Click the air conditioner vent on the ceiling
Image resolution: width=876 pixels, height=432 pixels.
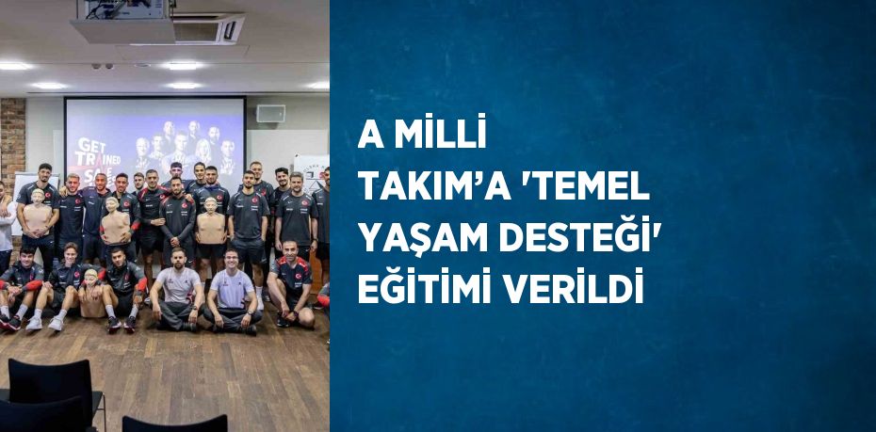coord(209,30)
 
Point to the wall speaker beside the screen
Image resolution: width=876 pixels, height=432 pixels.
coord(270,113)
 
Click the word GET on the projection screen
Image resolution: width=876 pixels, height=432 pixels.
coord(91,146)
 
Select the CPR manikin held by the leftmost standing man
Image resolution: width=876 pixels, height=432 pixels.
coord(37,213)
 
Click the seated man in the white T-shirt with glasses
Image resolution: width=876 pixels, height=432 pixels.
coord(233,292)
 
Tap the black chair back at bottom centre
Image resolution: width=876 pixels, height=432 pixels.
coord(175,424)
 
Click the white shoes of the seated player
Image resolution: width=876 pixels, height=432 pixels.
coord(44,323)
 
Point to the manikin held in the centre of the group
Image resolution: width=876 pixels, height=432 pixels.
coord(211,220)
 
